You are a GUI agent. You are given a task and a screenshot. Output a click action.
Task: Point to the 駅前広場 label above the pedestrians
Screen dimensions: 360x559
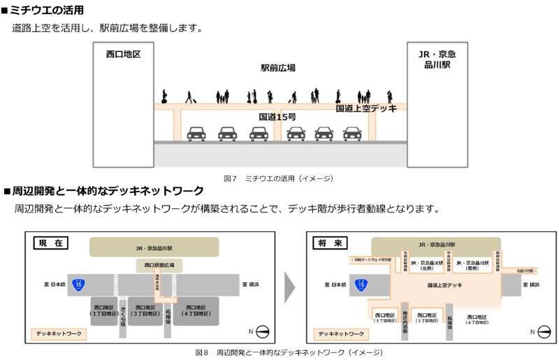click(x=278, y=68)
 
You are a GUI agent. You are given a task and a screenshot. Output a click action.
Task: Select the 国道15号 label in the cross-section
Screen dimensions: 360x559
click(x=277, y=117)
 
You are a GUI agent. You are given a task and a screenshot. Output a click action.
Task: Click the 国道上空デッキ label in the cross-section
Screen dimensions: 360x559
click(x=366, y=108)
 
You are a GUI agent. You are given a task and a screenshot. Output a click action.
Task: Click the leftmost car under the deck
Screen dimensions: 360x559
click(x=196, y=133)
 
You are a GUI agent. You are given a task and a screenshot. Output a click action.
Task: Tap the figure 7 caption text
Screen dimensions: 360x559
click(x=278, y=179)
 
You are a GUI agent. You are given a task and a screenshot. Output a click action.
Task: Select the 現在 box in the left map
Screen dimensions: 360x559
click(x=51, y=243)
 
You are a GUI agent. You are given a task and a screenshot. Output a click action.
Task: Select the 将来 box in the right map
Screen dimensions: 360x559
click(x=332, y=243)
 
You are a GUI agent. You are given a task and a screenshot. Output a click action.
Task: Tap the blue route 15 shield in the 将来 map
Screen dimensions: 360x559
click(x=361, y=285)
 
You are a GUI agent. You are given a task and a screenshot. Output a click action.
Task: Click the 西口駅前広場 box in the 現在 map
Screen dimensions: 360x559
click(x=154, y=266)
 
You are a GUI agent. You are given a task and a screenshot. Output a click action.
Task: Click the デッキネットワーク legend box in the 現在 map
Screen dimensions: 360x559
click(x=58, y=334)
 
